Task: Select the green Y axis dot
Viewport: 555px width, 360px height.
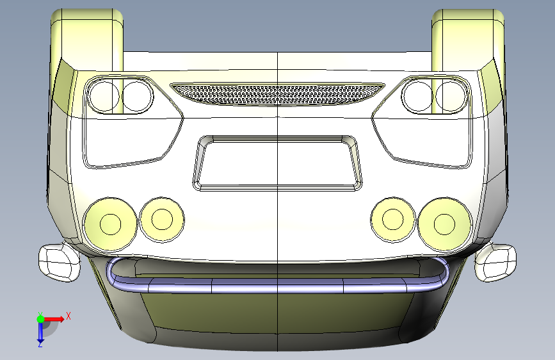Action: pos(40,319)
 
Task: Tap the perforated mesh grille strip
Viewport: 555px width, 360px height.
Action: pos(278,94)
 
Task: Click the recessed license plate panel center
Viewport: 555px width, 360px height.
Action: pos(278,163)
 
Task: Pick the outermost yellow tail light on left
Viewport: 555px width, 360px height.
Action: pos(110,224)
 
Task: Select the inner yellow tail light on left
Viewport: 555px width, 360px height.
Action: pos(162,220)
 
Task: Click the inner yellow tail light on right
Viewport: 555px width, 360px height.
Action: pos(393,220)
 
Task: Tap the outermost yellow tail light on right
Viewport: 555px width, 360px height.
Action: pos(444,224)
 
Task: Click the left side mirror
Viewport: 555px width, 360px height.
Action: pos(59,262)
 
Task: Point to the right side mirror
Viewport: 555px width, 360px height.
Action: pos(495,262)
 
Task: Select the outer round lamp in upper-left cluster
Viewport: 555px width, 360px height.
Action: pos(104,96)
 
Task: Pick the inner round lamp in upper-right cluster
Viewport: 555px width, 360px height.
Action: pos(417,96)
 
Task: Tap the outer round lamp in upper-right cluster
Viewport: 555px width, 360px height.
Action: pos(451,96)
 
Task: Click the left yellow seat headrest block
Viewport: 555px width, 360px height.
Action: pos(87,39)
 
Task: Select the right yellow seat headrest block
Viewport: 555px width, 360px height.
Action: pos(468,39)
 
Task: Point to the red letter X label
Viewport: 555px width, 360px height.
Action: pos(68,316)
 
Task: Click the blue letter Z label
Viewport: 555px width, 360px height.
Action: pos(40,344)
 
